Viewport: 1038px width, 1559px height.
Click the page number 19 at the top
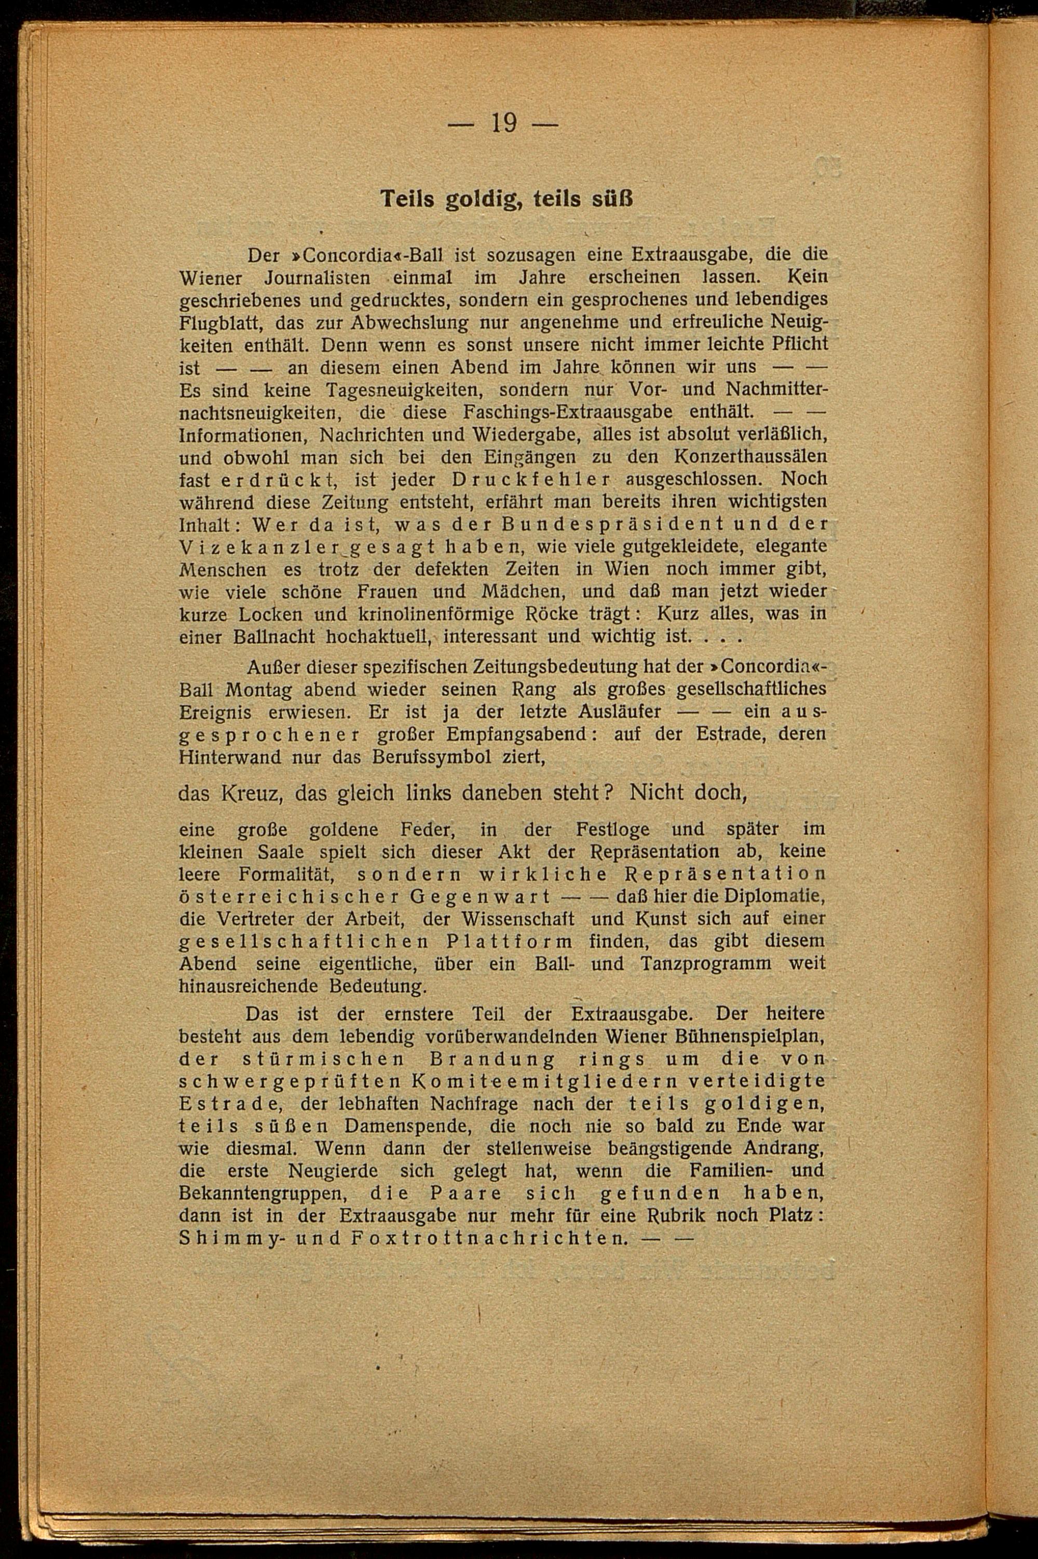click(x=504, y=123)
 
